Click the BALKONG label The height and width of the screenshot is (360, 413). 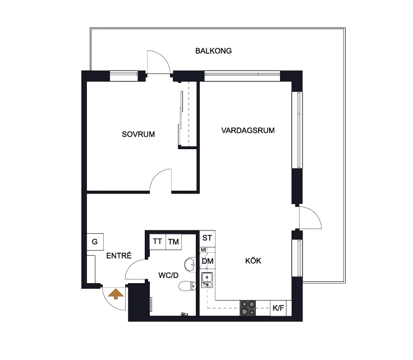tap(213, 51)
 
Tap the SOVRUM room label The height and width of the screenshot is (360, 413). tap(138, 134)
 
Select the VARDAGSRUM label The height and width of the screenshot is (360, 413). tap(248, 130)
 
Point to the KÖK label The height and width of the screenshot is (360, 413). tap(253, 261)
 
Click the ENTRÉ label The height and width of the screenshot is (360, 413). tap(119, 256)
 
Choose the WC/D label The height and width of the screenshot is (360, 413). tap(168, 275)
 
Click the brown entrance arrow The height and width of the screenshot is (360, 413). tap(116, 294)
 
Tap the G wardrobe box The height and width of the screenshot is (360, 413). tap(95, 242)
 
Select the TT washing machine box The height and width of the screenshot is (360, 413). tap(158, 242)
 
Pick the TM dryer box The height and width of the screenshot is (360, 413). tap(173, 242)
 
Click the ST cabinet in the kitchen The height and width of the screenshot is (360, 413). tap(207, 238)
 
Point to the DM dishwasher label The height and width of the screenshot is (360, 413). tap(208, 261)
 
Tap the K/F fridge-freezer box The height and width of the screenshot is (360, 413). tap(278, 308)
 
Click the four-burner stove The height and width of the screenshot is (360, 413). tap(247, 308)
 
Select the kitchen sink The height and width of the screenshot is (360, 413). tap(207, 280)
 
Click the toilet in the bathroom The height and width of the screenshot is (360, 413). tap(187, 286)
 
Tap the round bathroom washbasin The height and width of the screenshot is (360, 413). tap(190, 265)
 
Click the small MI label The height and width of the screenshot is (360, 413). tap(203, 250)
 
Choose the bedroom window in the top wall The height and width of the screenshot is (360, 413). tap(124, 76)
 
